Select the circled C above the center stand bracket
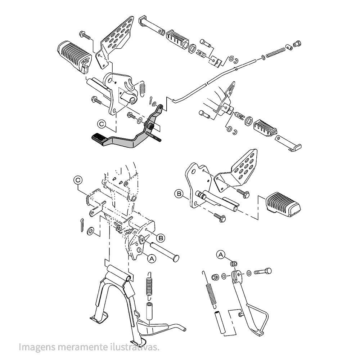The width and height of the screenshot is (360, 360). [78, 180]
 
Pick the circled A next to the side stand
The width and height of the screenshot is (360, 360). [221, 255]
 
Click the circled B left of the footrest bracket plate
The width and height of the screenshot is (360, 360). [179, 194]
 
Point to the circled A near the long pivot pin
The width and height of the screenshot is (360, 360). [152, 258]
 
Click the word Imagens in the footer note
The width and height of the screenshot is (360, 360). [37, 347]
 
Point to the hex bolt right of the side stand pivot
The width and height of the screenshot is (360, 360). [263, 271]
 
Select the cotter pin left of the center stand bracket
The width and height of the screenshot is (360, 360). [82, 225]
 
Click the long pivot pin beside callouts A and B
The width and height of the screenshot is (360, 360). [165, 251]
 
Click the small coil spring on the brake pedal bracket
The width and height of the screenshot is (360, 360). [143, 88]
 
